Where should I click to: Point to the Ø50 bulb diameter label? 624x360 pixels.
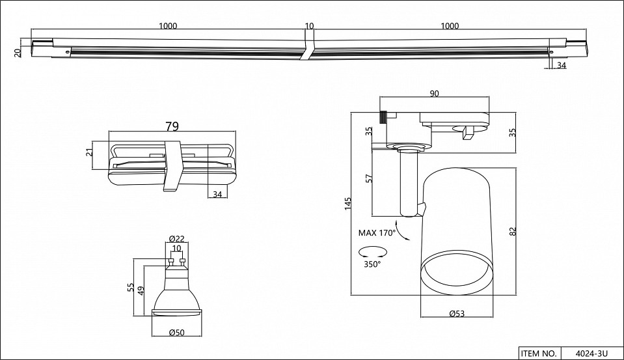[177, 333]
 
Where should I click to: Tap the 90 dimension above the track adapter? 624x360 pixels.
[435, 94]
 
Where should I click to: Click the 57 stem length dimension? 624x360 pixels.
[369, 179]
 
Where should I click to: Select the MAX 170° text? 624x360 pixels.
[376, 232]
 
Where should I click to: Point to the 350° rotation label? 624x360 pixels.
[372, 264]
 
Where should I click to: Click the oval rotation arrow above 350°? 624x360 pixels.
[373, 252]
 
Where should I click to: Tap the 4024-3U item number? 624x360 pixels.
[591, 353]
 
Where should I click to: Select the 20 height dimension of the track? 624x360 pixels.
[18, 51]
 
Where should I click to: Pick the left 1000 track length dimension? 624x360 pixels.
[168, 26]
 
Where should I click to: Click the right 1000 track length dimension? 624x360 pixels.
[450, 26]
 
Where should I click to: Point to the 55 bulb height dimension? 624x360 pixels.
[131, 287]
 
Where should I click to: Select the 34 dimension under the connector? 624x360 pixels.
[217, 194]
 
